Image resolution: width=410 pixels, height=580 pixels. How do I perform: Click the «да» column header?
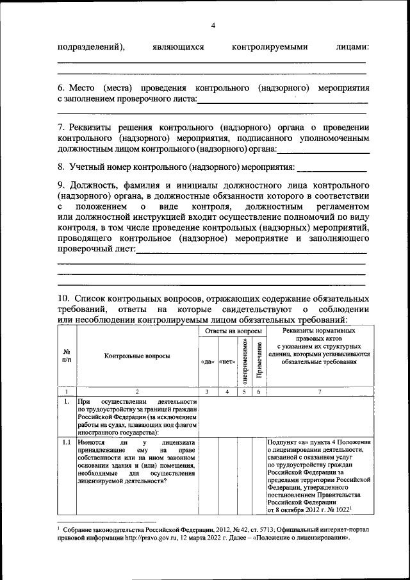207,361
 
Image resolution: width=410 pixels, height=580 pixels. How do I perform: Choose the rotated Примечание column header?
259,361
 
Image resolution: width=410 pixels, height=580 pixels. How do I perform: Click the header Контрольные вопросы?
138,356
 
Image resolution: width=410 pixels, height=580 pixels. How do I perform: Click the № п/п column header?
67,356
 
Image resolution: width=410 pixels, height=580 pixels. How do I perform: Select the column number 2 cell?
137,391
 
